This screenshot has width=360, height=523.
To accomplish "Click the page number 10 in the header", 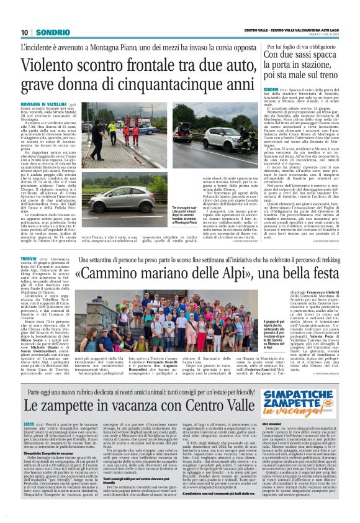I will point(25,32).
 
